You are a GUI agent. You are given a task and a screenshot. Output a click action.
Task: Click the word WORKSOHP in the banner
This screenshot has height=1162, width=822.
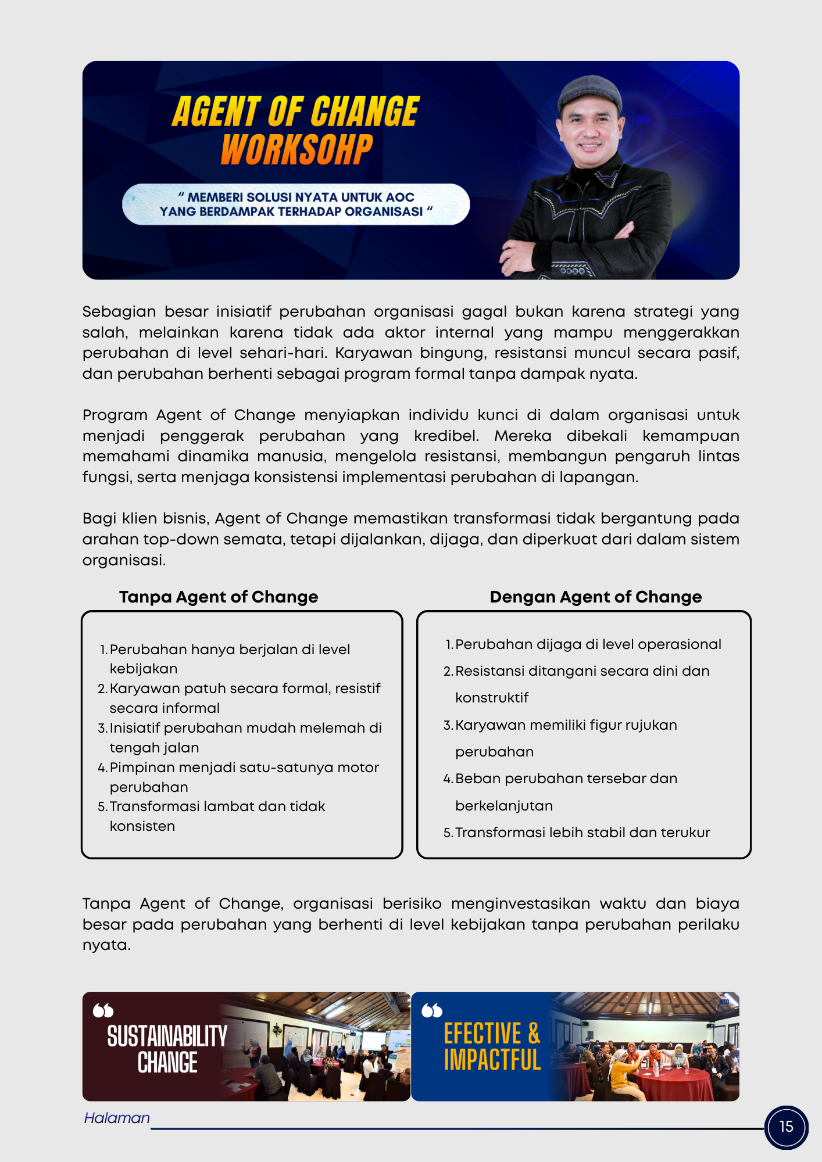point(296,150)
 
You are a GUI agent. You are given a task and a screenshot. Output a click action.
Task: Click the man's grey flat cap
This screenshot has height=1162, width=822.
point(589,92)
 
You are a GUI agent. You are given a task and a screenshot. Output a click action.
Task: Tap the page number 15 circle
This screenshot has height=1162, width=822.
point(786,1127)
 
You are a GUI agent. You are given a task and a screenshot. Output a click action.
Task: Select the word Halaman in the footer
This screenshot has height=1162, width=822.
point(117,1118)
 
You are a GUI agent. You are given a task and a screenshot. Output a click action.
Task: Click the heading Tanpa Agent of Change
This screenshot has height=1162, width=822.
point(219,597)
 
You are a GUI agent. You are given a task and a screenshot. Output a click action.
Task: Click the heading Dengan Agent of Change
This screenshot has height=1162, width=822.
point(595,597)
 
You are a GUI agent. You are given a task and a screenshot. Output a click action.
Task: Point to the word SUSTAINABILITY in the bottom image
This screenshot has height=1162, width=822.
point(167,1036)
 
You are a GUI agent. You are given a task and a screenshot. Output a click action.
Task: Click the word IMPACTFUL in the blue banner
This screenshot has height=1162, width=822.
point(492,1060)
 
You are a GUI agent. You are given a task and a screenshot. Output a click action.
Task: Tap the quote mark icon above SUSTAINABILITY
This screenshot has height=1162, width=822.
point(103,1010)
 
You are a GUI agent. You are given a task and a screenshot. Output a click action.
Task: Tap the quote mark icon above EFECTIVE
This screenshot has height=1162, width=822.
point(432,1010)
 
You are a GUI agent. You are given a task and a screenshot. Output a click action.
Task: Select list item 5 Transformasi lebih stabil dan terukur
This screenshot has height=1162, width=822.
point(582,833)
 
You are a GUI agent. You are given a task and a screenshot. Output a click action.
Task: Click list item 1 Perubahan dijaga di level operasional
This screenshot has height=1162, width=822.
point(588,644)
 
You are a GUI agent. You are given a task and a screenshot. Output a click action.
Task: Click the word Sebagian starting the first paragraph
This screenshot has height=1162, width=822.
point(119,312)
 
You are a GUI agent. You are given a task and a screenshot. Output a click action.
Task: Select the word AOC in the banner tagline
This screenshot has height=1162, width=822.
point(400,198)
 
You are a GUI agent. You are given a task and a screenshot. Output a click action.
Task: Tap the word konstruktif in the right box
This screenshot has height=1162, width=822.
point(492,698)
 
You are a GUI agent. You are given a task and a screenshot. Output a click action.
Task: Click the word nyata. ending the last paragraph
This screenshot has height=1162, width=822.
point(106,945)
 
